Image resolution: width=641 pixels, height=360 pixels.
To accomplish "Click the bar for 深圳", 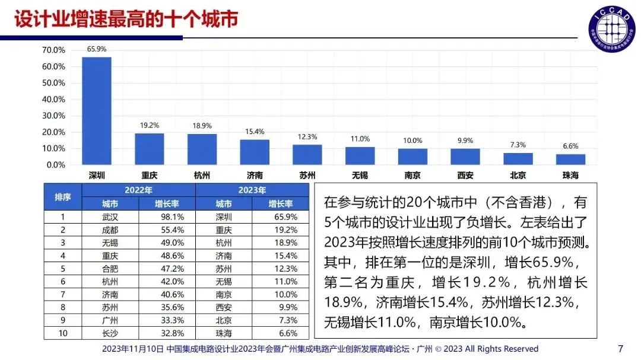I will pos(96,111).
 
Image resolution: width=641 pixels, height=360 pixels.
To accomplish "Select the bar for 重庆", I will pos(149,149).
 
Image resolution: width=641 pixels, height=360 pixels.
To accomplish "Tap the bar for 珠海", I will pos(570,160).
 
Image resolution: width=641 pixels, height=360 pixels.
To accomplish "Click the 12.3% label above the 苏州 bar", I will pos(307,137).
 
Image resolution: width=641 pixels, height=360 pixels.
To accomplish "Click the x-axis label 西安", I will pos(465,176).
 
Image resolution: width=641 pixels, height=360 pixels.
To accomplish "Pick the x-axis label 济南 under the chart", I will pos(255,176).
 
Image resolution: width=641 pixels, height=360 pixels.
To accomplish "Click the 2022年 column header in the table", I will pos(138,190).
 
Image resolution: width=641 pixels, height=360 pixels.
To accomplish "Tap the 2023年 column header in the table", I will pos(252,190).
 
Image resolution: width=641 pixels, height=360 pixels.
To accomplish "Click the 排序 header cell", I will pos(62,197).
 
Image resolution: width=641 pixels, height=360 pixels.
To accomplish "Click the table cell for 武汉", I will pos(110,217).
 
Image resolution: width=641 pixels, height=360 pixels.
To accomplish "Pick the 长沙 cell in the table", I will pos(110,333).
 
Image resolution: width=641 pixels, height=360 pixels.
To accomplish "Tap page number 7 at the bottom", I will pos(621,348).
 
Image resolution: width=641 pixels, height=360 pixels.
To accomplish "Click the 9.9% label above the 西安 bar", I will pos(465,141).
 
